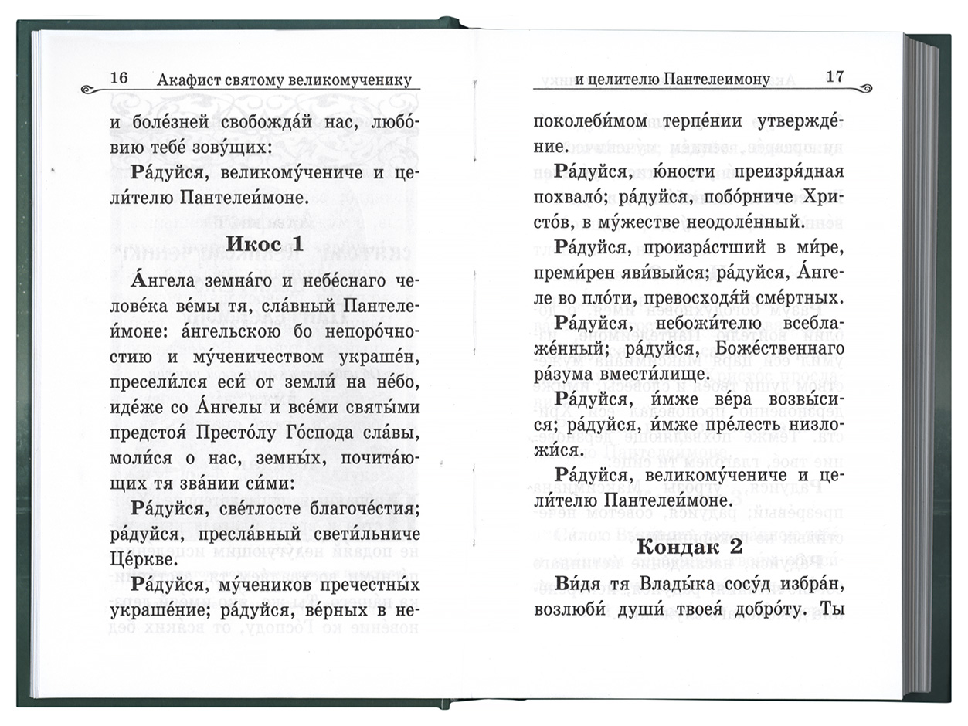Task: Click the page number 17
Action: point(835,76)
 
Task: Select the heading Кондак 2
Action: point(690,546)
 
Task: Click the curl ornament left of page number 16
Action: point(92,88)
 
